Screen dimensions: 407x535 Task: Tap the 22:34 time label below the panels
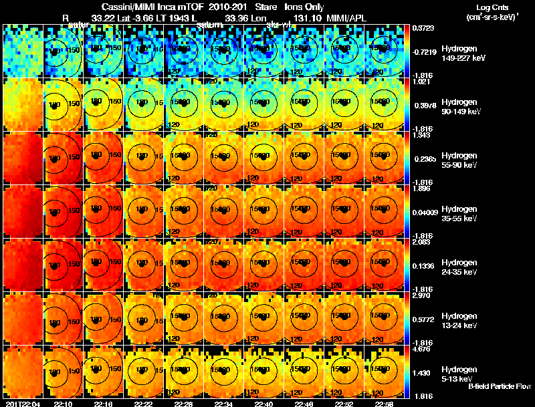(223, 404)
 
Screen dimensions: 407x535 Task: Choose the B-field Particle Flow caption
(499, 386)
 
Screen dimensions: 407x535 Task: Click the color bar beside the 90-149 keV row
(408, 105)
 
